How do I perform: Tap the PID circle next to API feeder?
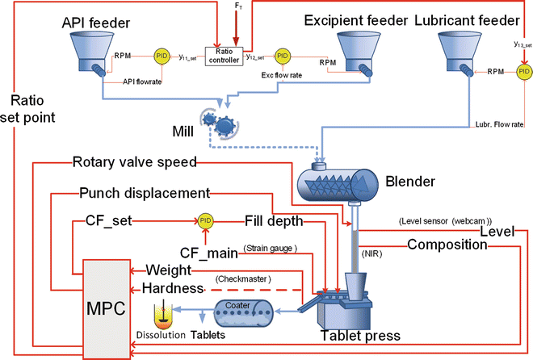point(161,57)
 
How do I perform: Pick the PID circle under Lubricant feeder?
point(523,72)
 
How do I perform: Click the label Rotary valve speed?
point(134,162)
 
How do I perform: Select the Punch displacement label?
point(145,194)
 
